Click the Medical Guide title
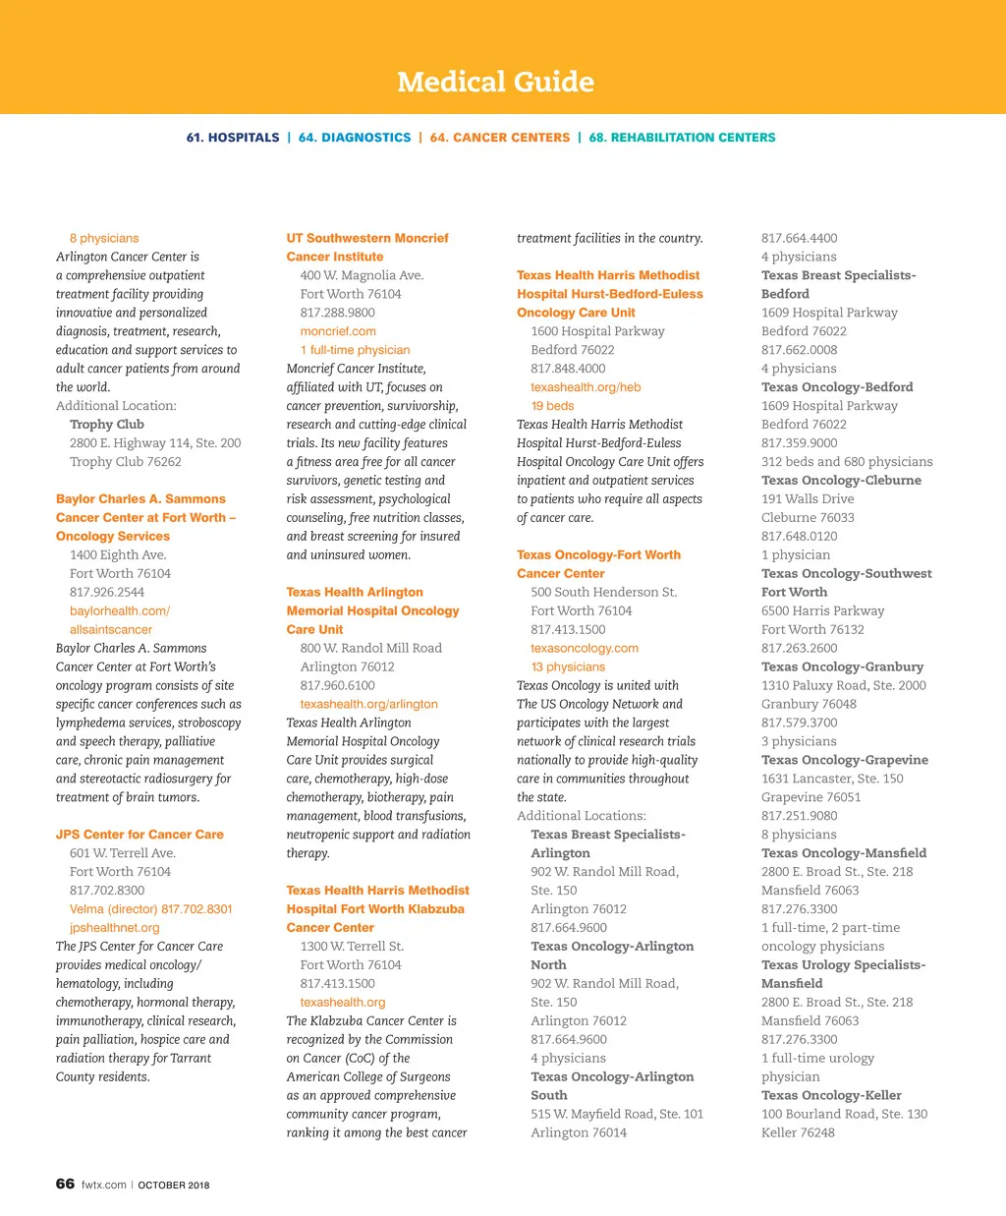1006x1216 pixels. [x=495, y=82]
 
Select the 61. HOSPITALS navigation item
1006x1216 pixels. [x=233, y=138]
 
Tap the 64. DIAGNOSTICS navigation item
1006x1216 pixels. [x=355, y=138]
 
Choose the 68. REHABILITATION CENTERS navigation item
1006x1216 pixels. [x=682, y=138]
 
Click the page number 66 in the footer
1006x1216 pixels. [x=65, y=1184]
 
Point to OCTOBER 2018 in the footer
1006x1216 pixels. [x=173, y=1185]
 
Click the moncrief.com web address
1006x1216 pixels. [x=338, y=331]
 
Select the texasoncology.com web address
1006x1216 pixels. [x=585, y=648]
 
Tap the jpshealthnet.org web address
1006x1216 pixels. [x=114, y=927]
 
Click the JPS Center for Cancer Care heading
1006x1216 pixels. [x=140, y=834]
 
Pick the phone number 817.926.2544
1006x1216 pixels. [x=107, y=592]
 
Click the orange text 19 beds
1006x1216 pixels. [x=552, y=405]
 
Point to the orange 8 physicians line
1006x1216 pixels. [x=104, y=238]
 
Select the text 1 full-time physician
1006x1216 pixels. [x=355, y=350]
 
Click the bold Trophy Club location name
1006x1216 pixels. [x=107, y=424]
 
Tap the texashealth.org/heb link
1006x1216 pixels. [x=586, y=386]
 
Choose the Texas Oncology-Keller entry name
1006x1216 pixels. [x=831, y=1095]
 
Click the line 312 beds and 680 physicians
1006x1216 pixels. [x=847, y=461]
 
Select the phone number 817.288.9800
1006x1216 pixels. [x=338, y=313]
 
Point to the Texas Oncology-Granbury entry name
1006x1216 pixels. [x=842, y=666]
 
